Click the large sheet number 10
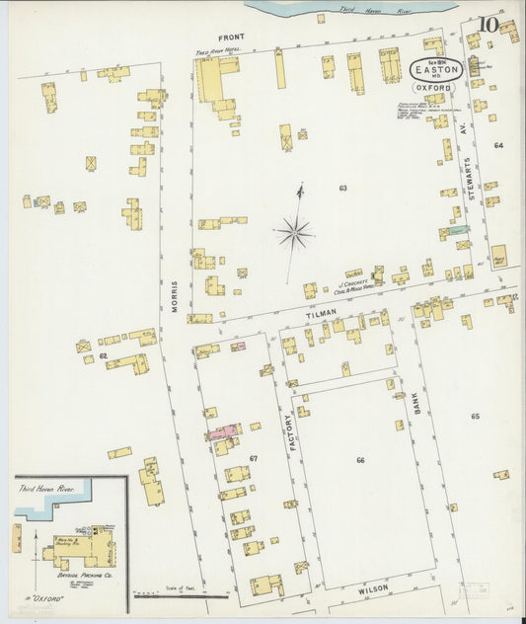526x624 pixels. [x=488, y=25]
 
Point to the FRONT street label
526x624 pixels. [x=231, y=37]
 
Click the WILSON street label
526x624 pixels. [x=374, y=588]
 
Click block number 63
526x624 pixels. [x=342, y=187]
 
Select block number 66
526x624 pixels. [x=360, y=460]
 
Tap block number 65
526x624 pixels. [x=475, y=417]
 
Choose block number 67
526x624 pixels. [x=254, y=459]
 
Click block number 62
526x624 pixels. [x=102, y=354]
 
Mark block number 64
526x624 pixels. [x=498, y=145]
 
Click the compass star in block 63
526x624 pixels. [x=294, y=233]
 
